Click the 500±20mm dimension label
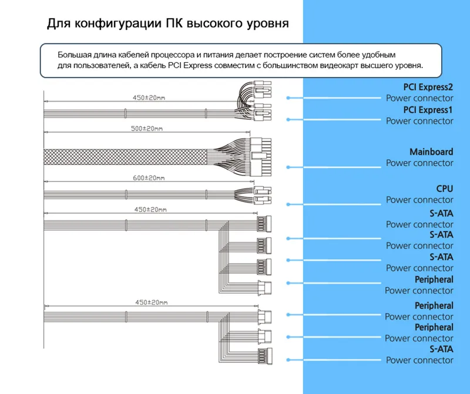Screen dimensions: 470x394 pos(147,129)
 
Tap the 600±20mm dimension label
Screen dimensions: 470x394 pos(149,178)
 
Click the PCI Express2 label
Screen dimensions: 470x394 pos(428,87)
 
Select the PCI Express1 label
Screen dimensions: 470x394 pos(428,110)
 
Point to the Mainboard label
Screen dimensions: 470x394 pos(431,152)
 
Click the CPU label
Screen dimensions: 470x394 pos(445,188)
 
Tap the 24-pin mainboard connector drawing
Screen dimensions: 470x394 pos(260,157)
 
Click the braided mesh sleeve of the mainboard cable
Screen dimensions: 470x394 pos(125,157)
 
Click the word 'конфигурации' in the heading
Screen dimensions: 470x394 pos(117,23)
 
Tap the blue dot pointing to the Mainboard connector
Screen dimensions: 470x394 pos(288,167)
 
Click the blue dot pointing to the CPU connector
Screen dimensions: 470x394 pos(288,204)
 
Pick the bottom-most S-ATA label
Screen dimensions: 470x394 pos(441,349)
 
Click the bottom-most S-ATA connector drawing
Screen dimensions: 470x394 pos(265,356)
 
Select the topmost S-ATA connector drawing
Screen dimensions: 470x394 pos(264,223)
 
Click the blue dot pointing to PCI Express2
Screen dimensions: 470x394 pos(288,97)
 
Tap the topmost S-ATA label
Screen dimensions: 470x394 pos(441,214)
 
